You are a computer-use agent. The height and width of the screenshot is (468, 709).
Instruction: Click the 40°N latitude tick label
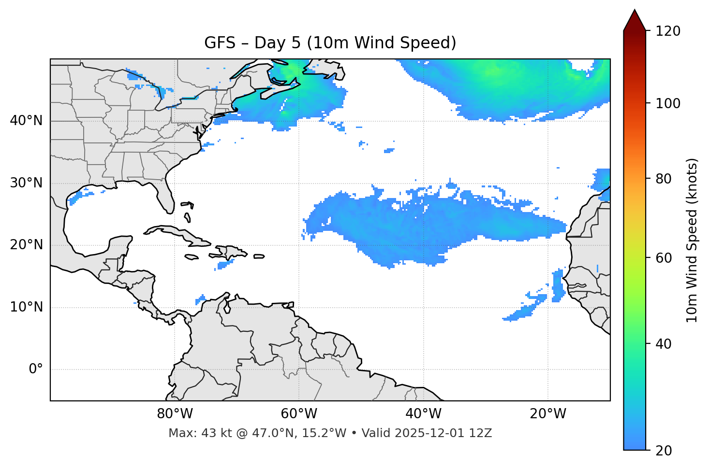[x=26, y=121]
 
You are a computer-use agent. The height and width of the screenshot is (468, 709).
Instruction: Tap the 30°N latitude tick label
[x=26, y=183]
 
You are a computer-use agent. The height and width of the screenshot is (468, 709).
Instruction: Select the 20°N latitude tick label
[x=26, y=245]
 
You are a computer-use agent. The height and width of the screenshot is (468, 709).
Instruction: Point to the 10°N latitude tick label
[x=26, y=307]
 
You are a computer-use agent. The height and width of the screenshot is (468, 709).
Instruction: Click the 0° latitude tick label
[x=36, y=369]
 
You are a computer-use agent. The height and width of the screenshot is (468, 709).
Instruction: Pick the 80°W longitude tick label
[x=175, y=414]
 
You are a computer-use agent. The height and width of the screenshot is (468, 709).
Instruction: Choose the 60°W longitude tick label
[x=299, y=414]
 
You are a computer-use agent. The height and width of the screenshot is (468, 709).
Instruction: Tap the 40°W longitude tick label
[x=423, y=414]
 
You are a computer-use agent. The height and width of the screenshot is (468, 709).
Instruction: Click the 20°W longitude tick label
[x=547, y=414]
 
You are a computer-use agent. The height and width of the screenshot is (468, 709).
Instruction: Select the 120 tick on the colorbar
[x=668, y=31]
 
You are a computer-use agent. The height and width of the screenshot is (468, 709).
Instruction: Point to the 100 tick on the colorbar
[x=668, y=103]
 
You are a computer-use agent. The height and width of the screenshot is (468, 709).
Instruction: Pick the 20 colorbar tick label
[x=664, y=451]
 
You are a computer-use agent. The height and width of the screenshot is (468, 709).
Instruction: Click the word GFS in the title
[x=220, y=43]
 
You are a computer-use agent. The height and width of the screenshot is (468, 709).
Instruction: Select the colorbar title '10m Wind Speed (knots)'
[x=692, y=241]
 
